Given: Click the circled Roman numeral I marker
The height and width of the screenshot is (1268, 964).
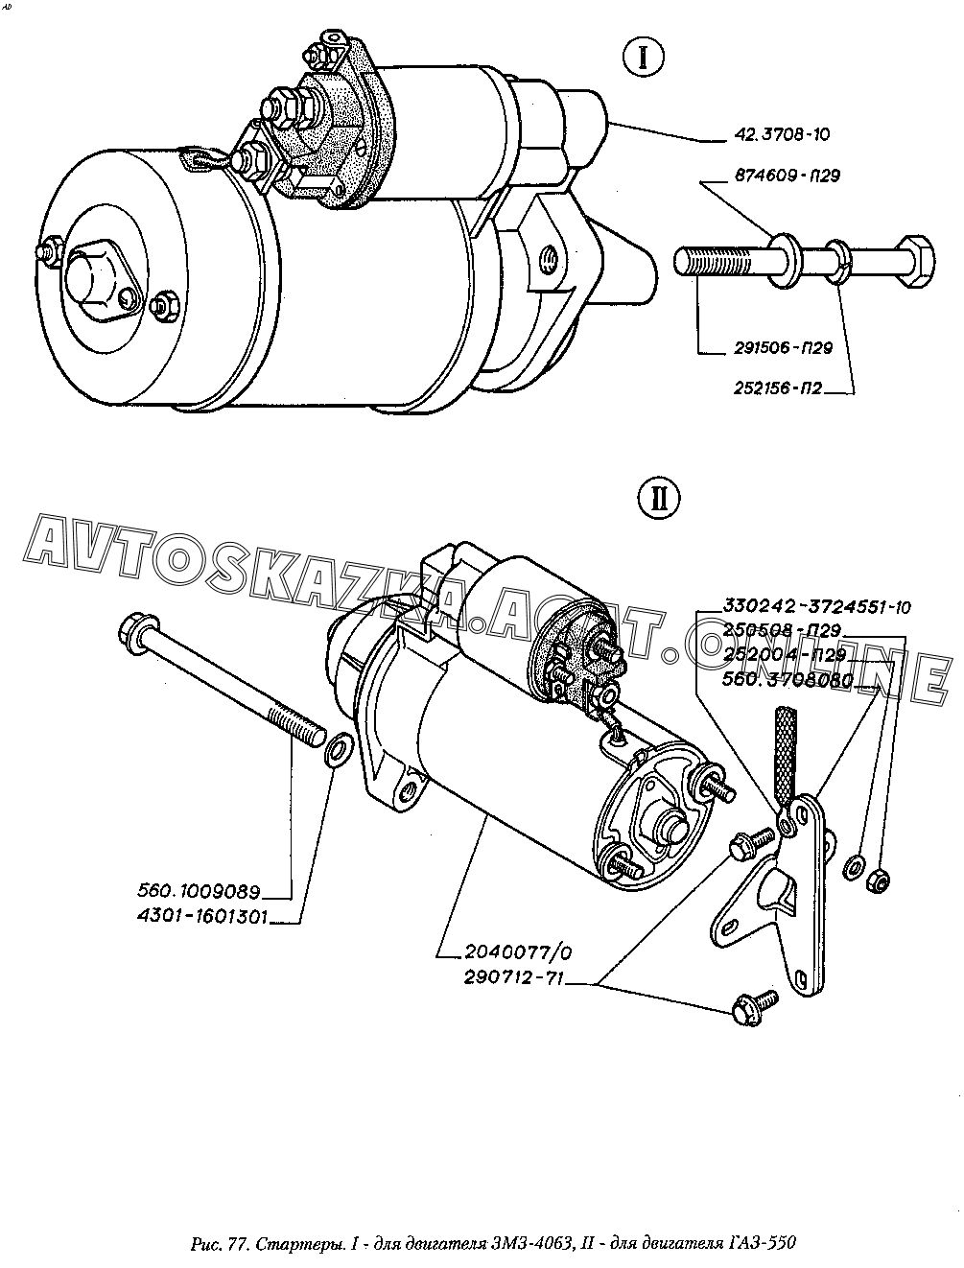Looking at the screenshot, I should coord(644,58).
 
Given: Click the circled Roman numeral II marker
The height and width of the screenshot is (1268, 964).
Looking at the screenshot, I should coord(658,499).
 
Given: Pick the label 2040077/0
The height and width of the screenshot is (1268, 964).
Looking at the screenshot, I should coord(504,953).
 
